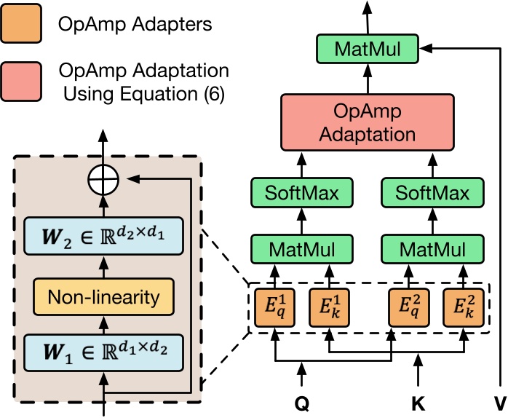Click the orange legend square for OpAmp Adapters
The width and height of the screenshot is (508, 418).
25,24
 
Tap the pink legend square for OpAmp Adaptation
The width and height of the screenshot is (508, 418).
25,82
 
